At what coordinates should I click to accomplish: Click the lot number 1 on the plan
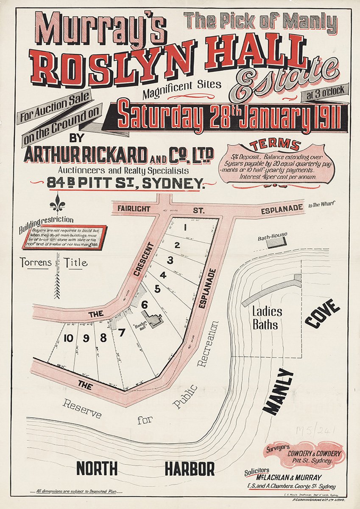[185, 227]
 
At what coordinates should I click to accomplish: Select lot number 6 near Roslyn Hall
[144, 304]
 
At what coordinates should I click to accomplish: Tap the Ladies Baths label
[268, 318]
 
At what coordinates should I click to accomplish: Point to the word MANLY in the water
[278, 391]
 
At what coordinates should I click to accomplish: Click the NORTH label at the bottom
[97, 469]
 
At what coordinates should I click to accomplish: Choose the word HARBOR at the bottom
[190, 469]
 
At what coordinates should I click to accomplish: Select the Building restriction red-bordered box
[68, 237]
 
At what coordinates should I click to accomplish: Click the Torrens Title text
[53, 263]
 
